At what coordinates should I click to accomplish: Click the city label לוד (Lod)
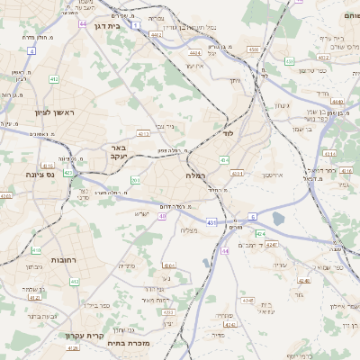[x=228, y=134]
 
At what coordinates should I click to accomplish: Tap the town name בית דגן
[x=107, y=26]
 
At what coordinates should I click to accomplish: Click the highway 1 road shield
[x=134, y=25]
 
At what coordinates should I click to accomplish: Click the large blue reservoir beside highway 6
[x=278, y=218]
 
